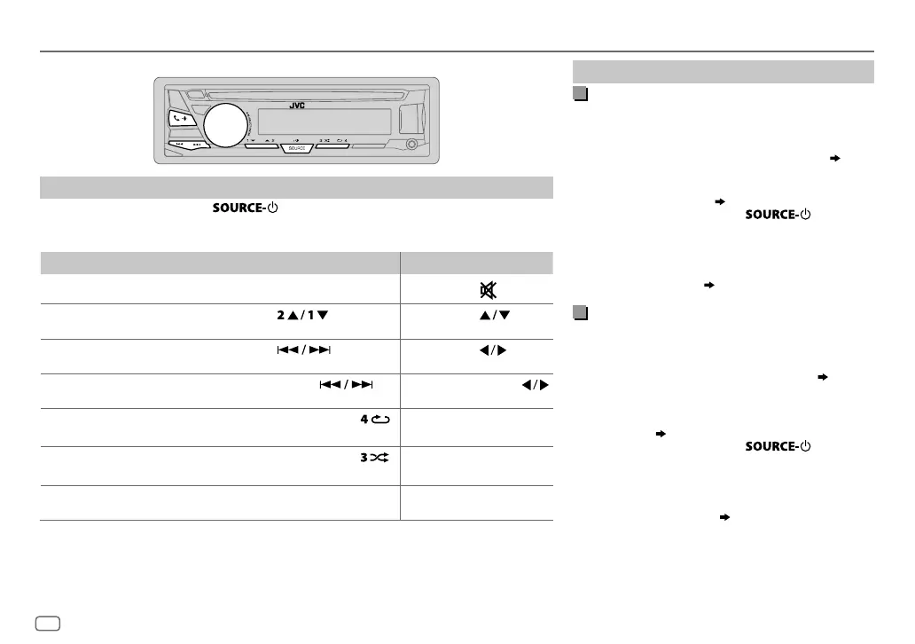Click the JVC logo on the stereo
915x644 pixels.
[296, 106]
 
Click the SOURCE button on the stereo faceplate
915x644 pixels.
[296, 148]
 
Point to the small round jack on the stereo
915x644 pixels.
[411, 145]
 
